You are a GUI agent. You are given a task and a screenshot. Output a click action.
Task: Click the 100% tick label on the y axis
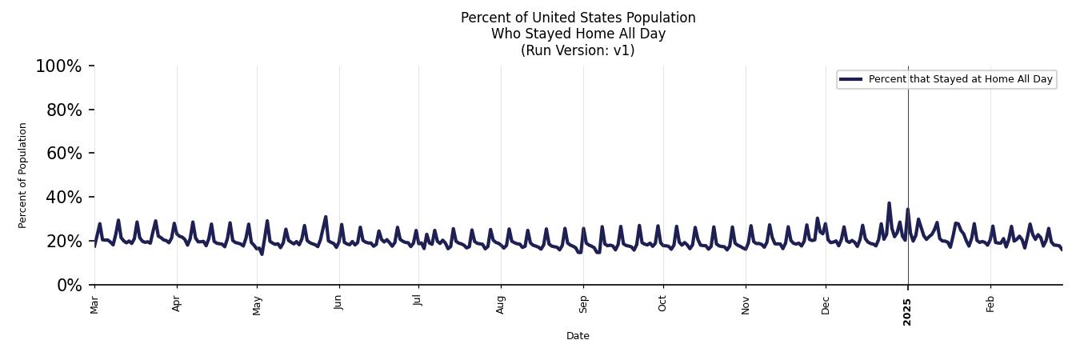coord(58,66)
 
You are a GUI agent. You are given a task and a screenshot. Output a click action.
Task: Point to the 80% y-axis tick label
coord(64,110)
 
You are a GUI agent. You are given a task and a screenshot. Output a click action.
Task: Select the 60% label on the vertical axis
coord(64,154)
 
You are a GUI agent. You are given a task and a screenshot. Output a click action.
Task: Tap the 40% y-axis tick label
coord(64,198)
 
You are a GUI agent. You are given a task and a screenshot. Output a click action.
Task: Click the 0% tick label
coord(69,286)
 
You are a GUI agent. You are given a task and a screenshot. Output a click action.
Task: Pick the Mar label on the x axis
coord(94,305)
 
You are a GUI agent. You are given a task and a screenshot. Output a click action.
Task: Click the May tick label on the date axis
coord(257,305)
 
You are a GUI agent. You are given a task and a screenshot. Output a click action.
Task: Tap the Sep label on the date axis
coord(583,304)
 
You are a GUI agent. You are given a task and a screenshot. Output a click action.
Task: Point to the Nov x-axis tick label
coord(746,305)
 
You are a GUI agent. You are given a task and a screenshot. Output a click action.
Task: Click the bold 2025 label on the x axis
coord(907,307)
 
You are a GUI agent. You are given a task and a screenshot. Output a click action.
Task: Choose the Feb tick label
coord(990,304)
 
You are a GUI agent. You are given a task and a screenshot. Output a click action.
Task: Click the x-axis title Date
coord(578,336)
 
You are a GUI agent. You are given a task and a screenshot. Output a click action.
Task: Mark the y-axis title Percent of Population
coord(23,175)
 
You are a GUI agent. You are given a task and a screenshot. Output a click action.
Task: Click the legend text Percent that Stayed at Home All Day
coord(960,79)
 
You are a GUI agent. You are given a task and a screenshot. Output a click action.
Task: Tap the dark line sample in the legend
coord(850,79)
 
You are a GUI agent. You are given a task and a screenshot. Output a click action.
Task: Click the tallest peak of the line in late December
coord(889,203)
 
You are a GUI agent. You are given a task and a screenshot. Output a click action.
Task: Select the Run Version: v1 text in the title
coord(578,50)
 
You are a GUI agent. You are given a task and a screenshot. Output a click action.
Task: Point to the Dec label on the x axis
coord(826,305)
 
